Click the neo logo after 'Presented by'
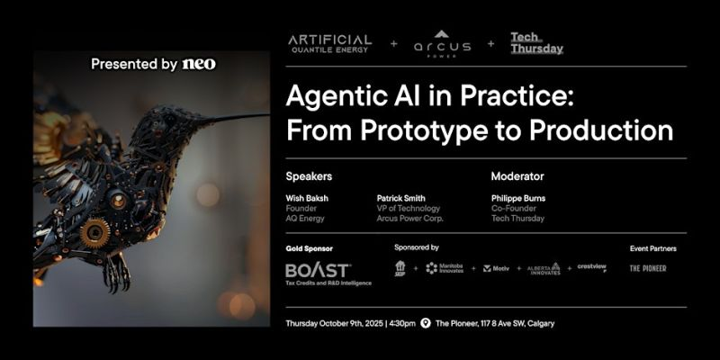pos(199,64)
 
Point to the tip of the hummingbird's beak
pos(267,114)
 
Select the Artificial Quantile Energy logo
pos(329,43)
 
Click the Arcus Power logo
pos(442,44)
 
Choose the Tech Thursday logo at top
pos(536,43)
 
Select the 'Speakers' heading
pos(309,176)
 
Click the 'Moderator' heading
pos(517,176)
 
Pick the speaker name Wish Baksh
pos(306,198)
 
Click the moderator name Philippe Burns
pos(518,198)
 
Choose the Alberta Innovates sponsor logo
pos(544,268)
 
